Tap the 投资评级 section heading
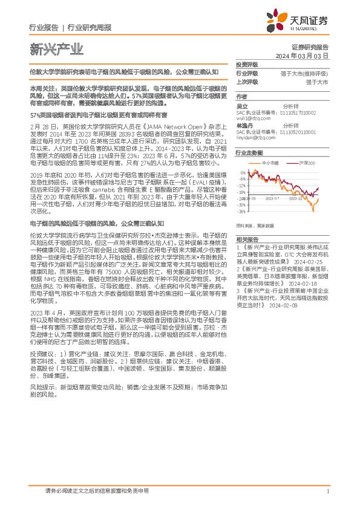[x=247, y=63]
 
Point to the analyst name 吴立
[x=241, y=106]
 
